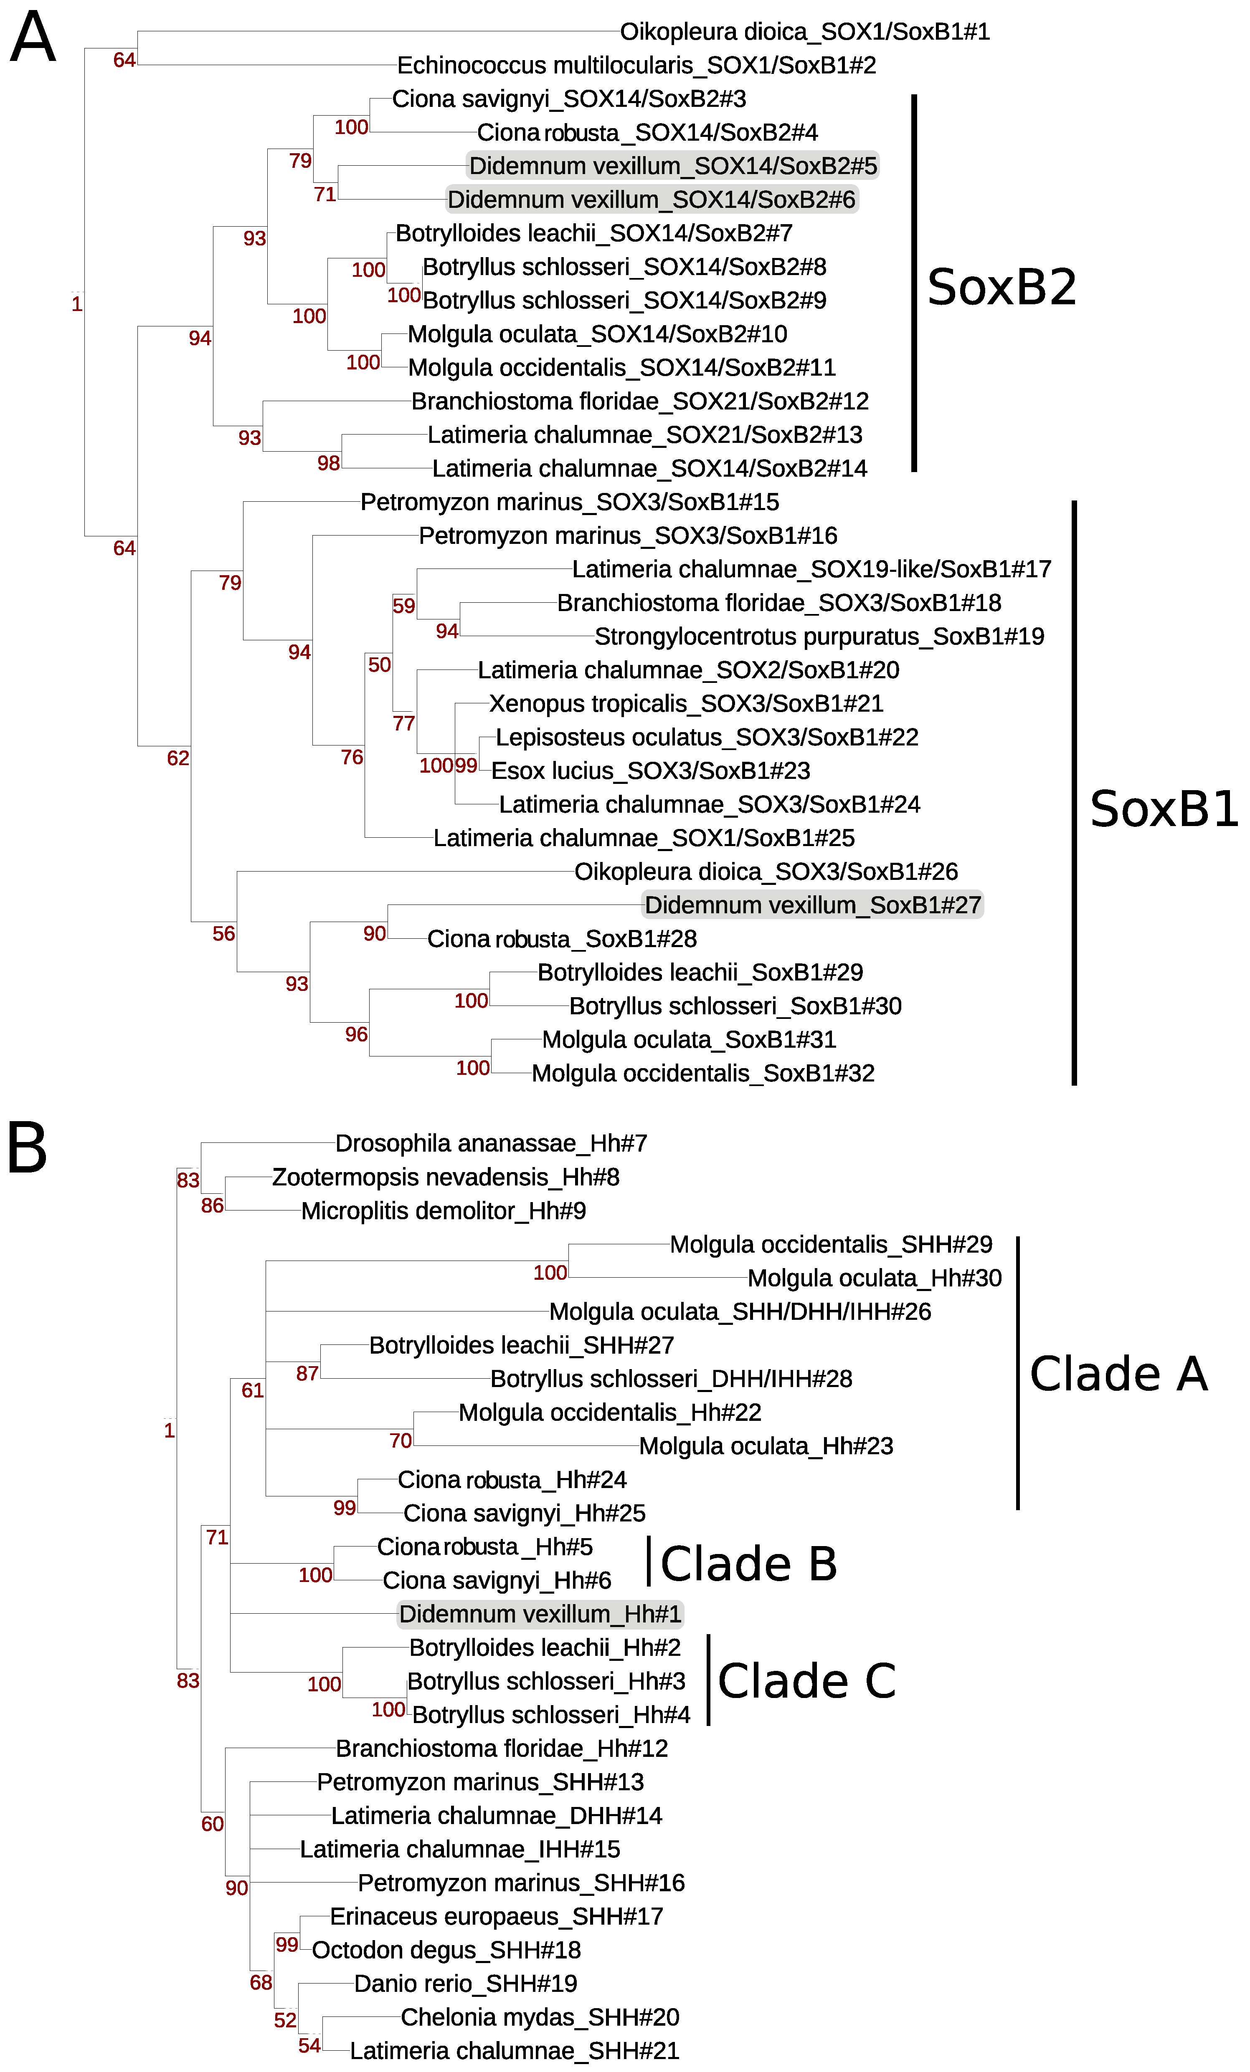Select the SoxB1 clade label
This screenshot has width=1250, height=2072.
pyautogui.click(x=1164, y=809)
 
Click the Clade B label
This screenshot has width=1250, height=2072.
pyautogui.click(x=749, y=1564)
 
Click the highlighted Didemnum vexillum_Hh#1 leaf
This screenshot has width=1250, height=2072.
pyautogui.click(x=540, y=1615)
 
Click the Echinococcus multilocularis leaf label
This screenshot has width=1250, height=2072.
pyautogui.click(x=637, y=66)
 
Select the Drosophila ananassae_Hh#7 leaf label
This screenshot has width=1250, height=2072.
pyautogui.click(x=491, y=1144)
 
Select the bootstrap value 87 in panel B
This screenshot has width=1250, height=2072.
pyautogui.click(x=307, y=1374)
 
